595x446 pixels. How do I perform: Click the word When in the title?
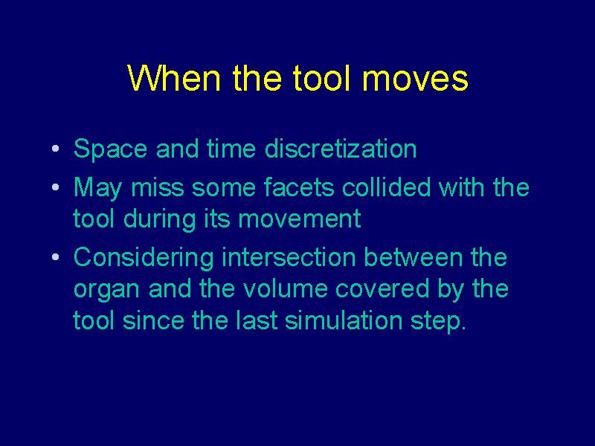pos(174,78)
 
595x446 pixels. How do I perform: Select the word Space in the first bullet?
pos(110,149)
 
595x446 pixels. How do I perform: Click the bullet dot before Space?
pos(55,148)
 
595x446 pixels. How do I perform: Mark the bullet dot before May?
pos(55,187)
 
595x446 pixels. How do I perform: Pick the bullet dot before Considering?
pos(55,257)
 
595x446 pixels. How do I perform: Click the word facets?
pos(299,187)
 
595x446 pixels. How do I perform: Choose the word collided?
pos(386,187)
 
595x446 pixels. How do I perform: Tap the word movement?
pos(300,219)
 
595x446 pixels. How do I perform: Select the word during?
pos(159,220)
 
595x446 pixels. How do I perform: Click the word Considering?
pos(144,258)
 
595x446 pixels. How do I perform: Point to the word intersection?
pos(289,257)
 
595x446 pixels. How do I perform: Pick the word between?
pos(414,257)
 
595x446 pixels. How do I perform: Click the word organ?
pos(106,291)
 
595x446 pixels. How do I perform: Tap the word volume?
pos(286,289)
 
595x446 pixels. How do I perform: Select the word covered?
pos(382,289)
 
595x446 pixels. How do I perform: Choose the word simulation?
pos(344,320)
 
